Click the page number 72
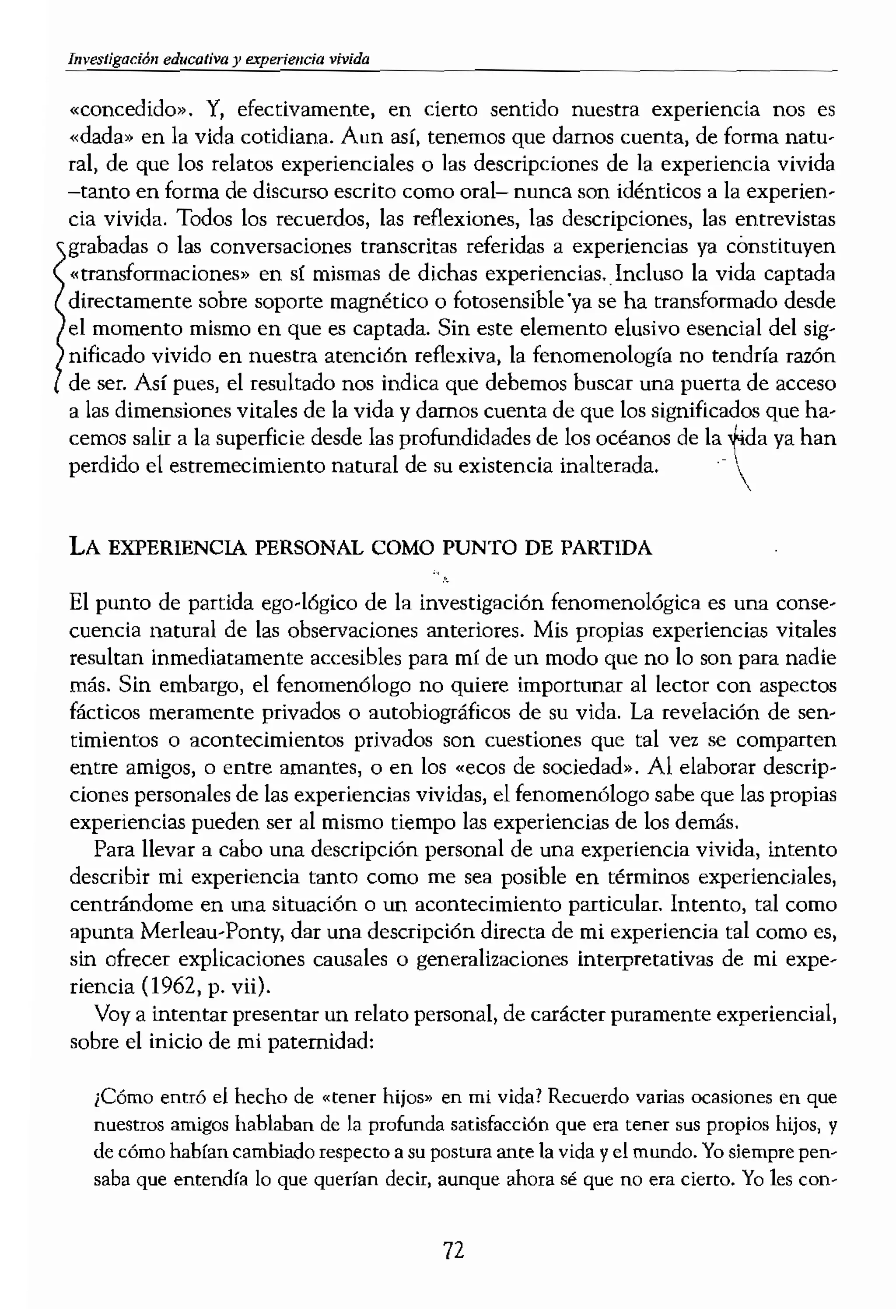coord(453,1250)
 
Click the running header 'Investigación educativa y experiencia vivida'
coord(218,59)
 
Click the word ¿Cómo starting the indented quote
coord(123,1097)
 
